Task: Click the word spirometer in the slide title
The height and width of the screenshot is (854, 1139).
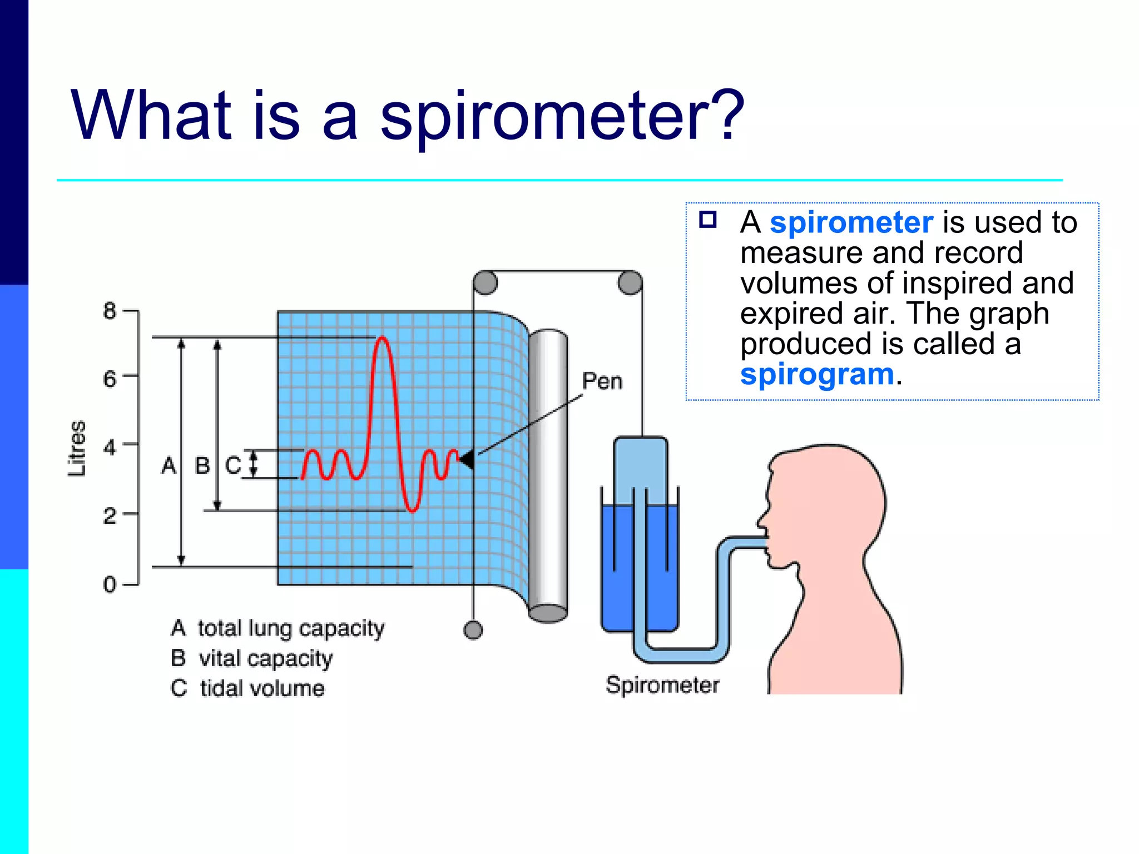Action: click(x=562, y=117)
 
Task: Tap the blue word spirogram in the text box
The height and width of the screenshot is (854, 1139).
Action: click(x=816, y=374)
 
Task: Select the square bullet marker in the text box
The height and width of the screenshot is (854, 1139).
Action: click(x=707, y=220)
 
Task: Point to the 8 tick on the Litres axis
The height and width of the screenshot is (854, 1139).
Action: click(x=110, y=311)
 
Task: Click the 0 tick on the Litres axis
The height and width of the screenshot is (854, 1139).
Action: click(x=110, y=584)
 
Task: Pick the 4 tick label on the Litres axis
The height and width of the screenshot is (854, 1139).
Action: click(x=110, y=447)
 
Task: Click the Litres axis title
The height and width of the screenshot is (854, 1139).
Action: click(x=77, y=448)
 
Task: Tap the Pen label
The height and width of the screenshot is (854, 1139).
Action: click(x=602, y=381)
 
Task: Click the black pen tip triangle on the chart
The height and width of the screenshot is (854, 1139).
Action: click(x=467, y=459)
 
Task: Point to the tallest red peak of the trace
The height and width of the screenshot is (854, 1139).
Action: click(x=382, y=338)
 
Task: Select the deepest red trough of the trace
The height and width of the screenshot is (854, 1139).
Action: click(x=412, y=509)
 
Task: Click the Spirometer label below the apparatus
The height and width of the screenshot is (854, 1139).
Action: click(x=662, y=684)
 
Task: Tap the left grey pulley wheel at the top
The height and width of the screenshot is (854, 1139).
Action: click(x=485, y=282)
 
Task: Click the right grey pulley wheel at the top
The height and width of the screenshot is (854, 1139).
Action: click(x=630, y=282)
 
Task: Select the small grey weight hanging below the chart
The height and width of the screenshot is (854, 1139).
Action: click(x=473, y=630)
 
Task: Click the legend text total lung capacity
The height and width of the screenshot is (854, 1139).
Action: click(x=290, y=628)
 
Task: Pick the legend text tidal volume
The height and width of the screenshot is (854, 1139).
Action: click(x=262, y=688)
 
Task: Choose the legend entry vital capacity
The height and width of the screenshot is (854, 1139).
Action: click(x=265, y=658)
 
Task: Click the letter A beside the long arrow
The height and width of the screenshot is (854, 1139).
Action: click(x=169, y=465)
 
